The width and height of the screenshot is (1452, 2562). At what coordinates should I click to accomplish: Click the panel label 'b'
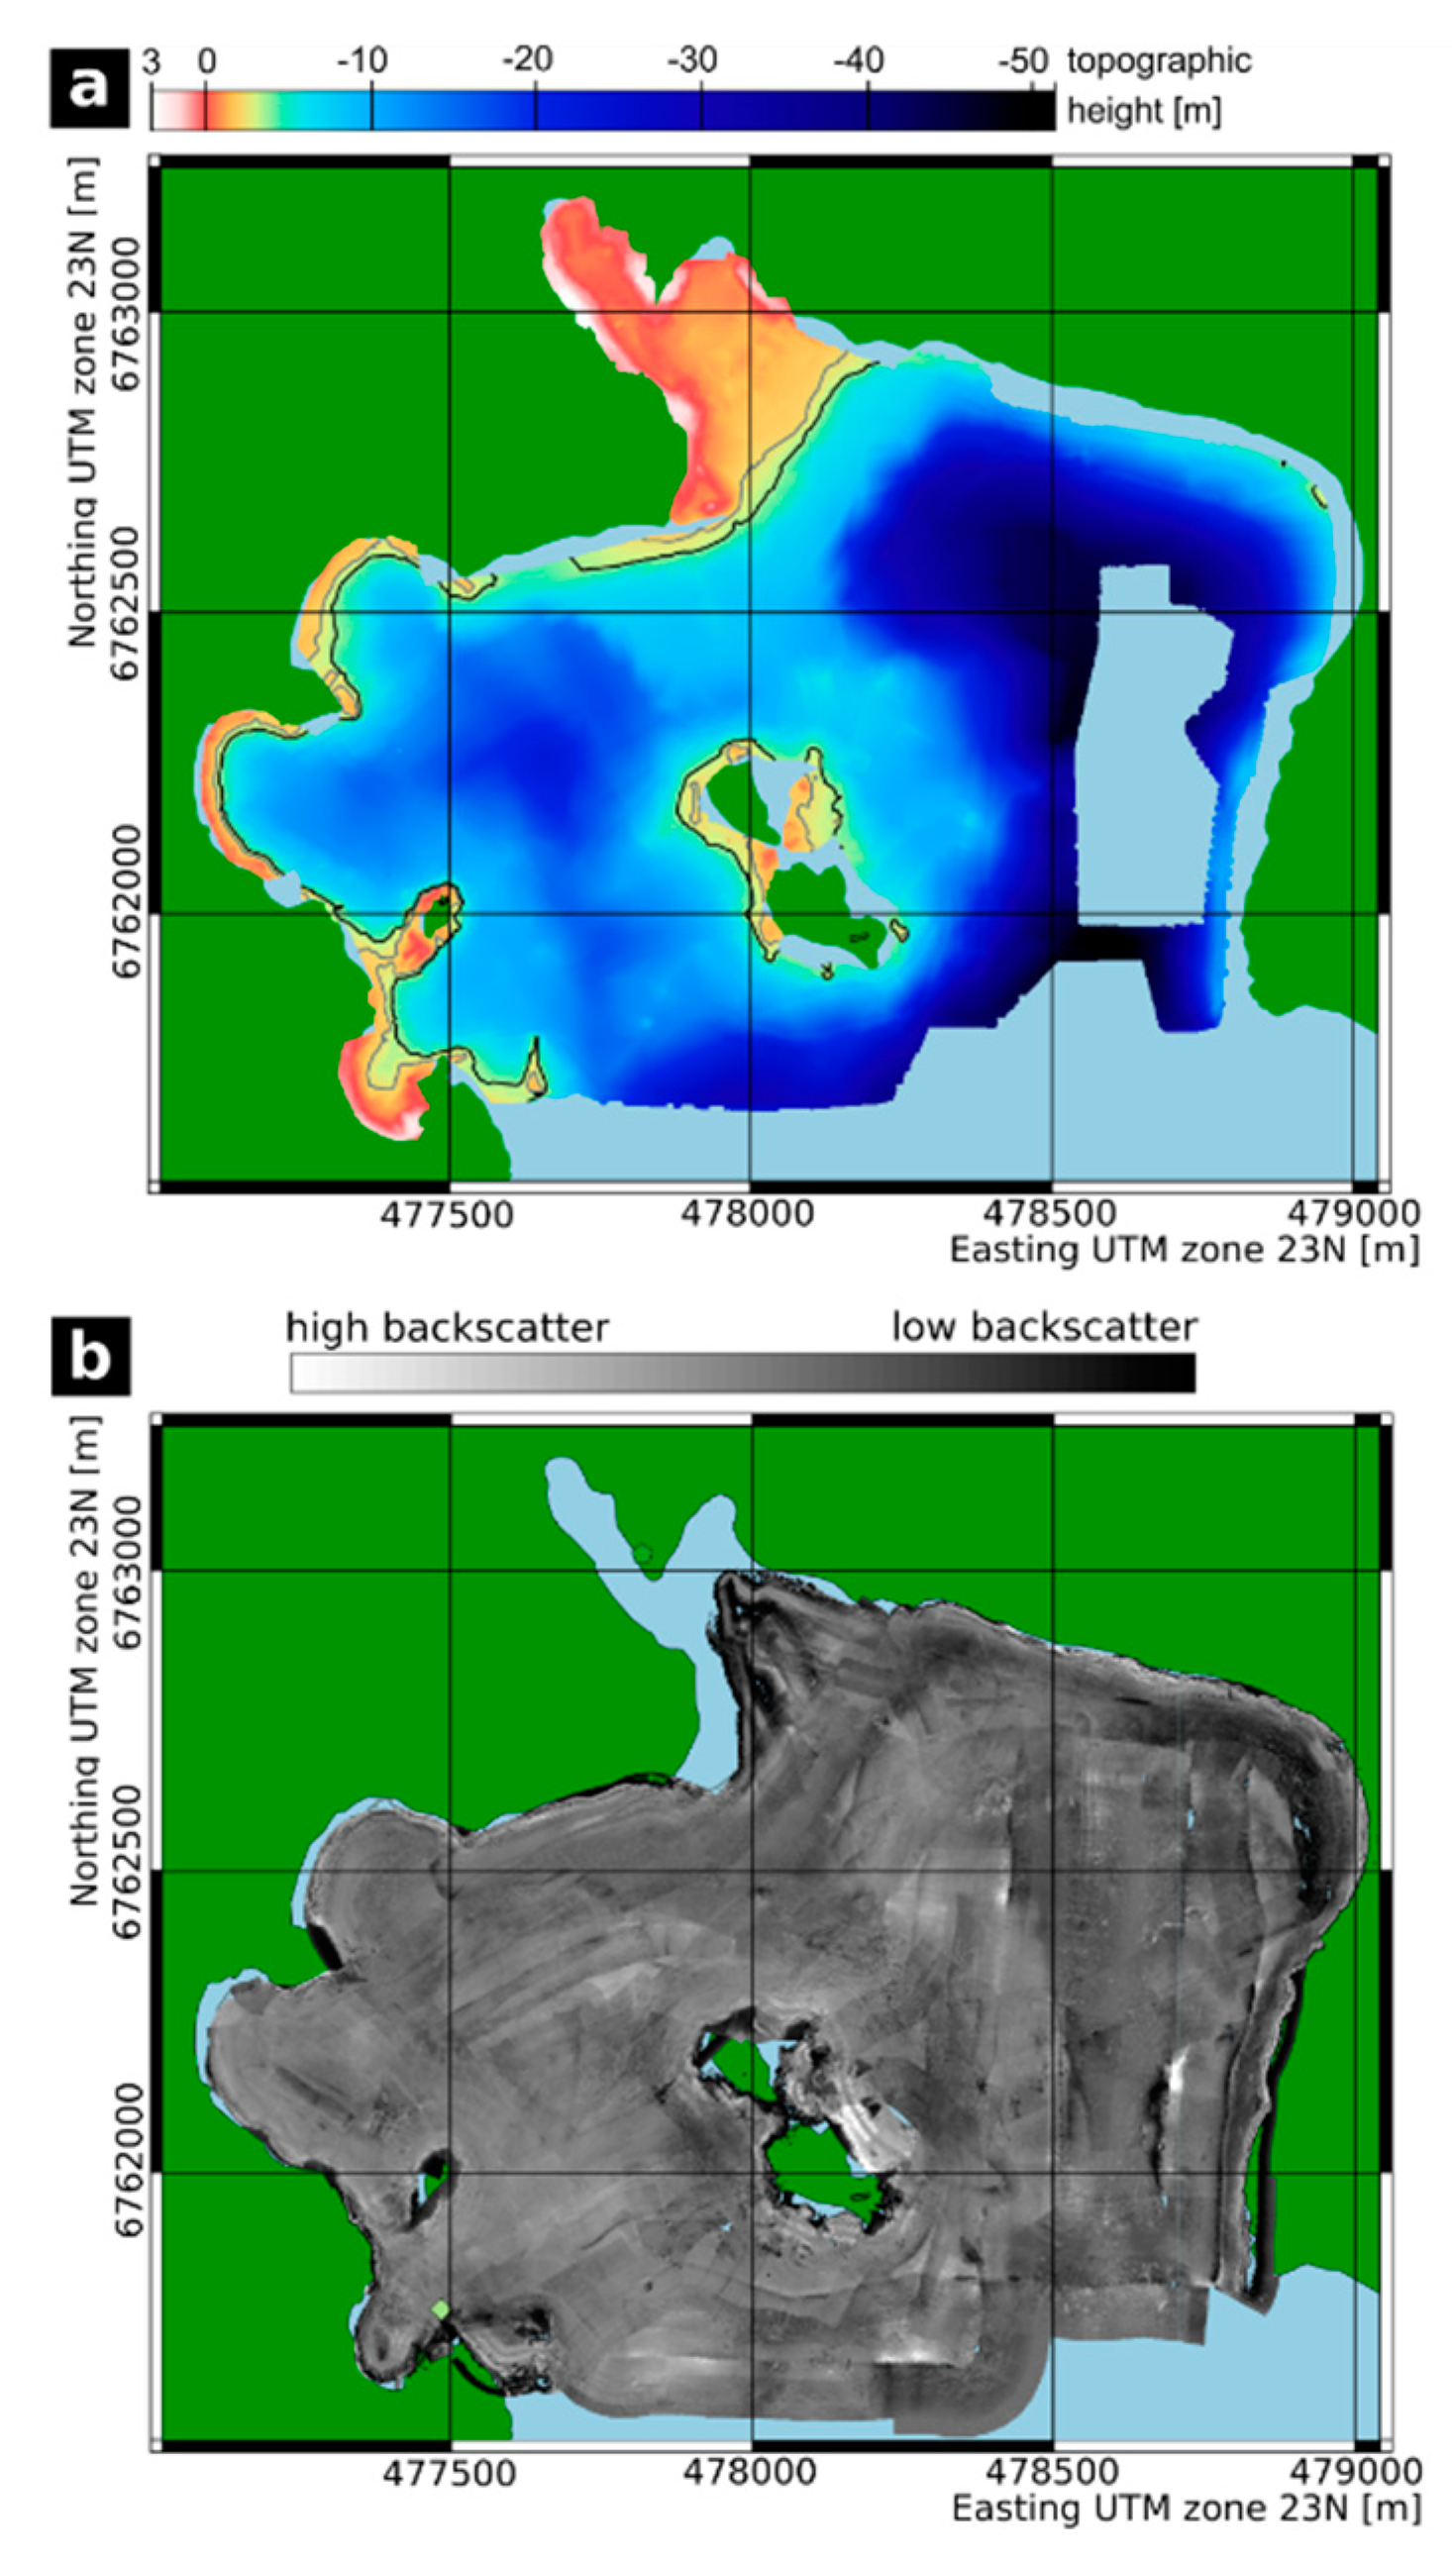tap(90, 1355)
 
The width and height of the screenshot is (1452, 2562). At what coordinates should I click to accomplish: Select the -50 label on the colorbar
tap(1024, 61)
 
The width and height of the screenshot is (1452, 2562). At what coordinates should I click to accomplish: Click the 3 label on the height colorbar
tap(152, 61)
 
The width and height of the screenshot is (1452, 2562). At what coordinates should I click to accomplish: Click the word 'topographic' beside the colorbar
tap(1159, 61)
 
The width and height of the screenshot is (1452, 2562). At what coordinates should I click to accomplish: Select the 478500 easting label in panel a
tap(1050, 1215)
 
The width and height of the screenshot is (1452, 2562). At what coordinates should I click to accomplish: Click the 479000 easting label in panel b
tap(1353, 2472)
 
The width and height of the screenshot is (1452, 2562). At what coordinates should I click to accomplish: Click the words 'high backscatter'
tap(447, 1328)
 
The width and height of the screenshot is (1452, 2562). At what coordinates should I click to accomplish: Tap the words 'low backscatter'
tap(1044, 1328)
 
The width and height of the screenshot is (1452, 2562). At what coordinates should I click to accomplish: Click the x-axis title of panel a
tap(1184, 1250)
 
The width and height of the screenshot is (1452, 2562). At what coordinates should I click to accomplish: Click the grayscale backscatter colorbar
tap(742, 1372)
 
